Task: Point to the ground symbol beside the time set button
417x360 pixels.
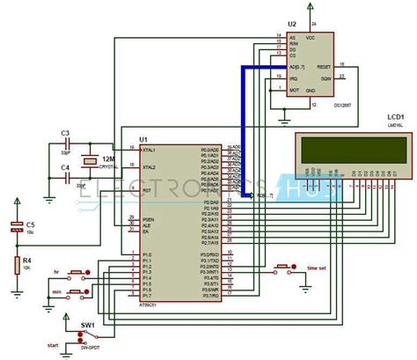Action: click(302, 279)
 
